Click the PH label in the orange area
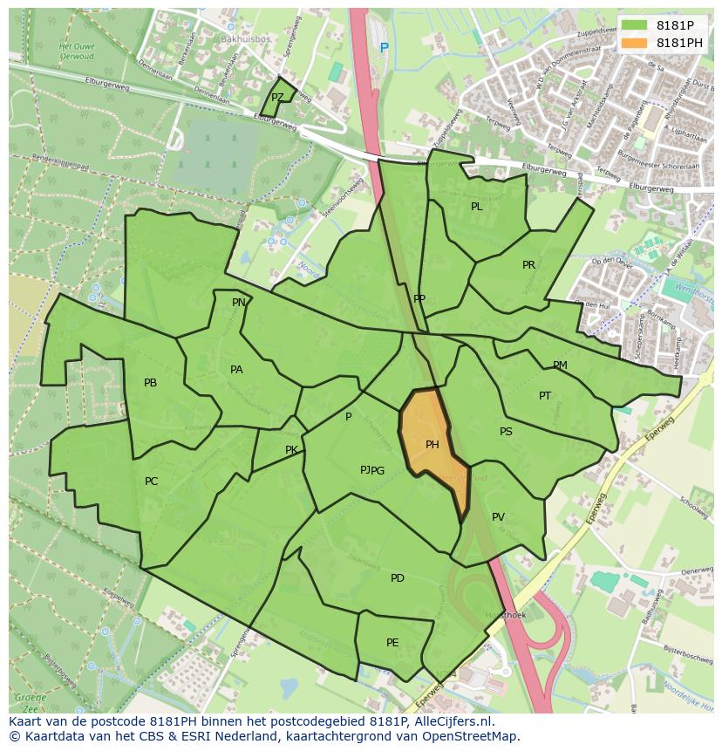pyautogui.click(x=432, y=445)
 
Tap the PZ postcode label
pyautogui.click(x=277, y=98)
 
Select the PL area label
pyautogui.click(x=476, y=207)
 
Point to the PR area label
pyautogui.click(x=528, y=265)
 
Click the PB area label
pyautogui.click(x=150, y=383)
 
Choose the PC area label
pyautogui.click(x=152, y=481)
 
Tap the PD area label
pyautogui.click(x=398, y=578)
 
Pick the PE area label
pyautogui.click(x=392, y=643)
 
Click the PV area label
pyautogui.click(x=498, y=517)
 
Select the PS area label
pyautogui.click(x=506, y=432)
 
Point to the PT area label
pyautogui.click(x=545, y=396)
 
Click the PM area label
pyautogui.click(x=560, y=365)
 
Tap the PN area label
pyautogui.click(x=238, y=303)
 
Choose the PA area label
pyautogui.click(x=236, y=370)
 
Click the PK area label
pyautogui.click(x=291, y=450)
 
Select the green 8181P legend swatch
pyautogui.click(x=634, y=25)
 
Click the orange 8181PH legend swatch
pyautogui.click(x=634, y=43)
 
